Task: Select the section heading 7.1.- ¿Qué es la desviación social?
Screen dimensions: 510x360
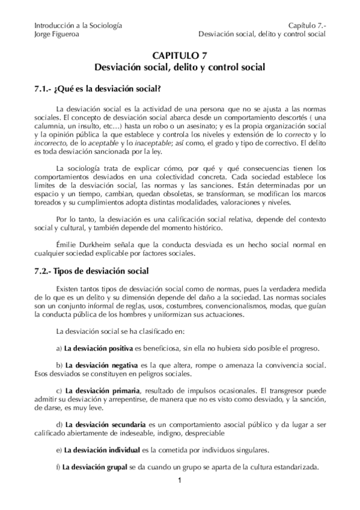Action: (98, 90)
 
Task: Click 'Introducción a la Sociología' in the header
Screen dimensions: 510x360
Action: (79, 25)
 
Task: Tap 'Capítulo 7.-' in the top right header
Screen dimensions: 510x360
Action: (306, 25)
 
